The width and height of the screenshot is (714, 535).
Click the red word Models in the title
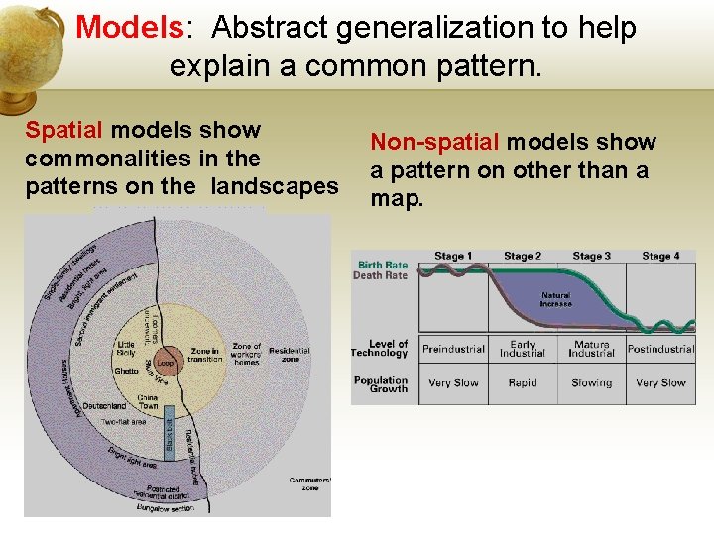tap(130, 28)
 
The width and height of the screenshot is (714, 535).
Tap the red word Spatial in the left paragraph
tap(63, 130)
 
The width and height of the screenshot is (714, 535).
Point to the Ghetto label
tap(126, 370)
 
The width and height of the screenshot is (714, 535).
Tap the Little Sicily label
tap(127, 348)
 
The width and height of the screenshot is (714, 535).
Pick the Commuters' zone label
tap(310, 484)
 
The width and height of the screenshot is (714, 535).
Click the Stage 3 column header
tap(591, 256)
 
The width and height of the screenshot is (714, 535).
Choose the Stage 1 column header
tap(453, 256)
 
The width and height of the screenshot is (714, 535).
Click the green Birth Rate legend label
tap(382, 265)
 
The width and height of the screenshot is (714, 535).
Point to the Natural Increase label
tap(555, 299)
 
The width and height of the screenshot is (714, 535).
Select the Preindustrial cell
tap(453, 349)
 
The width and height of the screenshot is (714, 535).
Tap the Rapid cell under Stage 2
tap(523, 382)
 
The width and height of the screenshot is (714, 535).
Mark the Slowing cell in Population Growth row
tap(591, 382)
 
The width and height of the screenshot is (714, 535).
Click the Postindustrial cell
tap(660, 349)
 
